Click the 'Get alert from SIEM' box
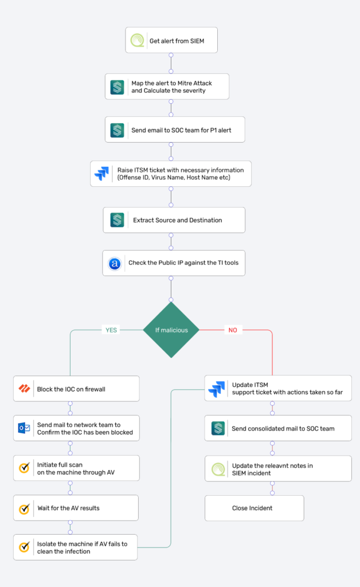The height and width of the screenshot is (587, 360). coord(171,40)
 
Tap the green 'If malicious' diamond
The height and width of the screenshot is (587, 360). coord(171,330)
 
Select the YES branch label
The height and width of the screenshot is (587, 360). coord(111,330)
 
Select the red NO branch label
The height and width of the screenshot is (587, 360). coord(233,330)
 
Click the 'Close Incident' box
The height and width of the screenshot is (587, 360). coord(255,508)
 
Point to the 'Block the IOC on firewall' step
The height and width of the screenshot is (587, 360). coord(76,389)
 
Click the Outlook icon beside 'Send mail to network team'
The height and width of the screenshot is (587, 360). coord(24,428)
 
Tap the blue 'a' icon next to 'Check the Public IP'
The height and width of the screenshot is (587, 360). coord(115,263)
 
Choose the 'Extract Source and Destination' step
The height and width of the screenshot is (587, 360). coord(174,220)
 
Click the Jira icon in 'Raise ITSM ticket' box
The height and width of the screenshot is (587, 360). coord(102,174)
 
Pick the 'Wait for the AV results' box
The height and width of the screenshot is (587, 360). coord(76,508)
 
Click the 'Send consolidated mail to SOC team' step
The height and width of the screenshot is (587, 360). coord(278,428)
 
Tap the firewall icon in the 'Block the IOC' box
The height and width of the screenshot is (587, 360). coord(24,389)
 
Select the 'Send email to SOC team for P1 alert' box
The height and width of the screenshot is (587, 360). coord(175,130)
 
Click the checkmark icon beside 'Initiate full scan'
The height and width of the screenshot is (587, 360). coord(24,468)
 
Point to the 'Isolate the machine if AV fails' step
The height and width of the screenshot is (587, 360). coord(75,547)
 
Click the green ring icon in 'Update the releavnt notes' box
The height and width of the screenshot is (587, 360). coord(218,469)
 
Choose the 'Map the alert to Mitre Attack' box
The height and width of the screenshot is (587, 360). coord(167,87)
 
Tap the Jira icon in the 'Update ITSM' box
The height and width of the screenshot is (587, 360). coord(217,389)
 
